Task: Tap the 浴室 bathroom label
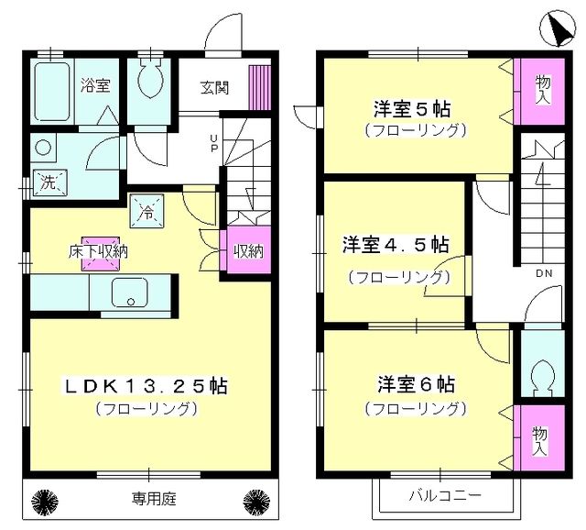click(95, 86)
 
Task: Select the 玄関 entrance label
click(215, 88)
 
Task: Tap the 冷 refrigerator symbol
click(146, 211)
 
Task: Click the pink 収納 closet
click(246, 250)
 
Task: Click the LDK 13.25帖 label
click(146, 386)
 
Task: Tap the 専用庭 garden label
click(150, 500)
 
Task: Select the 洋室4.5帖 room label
click(396, 246)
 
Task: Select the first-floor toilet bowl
click(150, 83)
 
